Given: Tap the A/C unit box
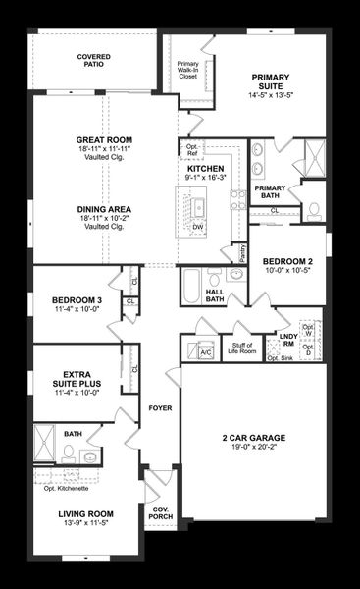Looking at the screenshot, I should [206, 351].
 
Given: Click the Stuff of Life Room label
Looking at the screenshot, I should [242, 347].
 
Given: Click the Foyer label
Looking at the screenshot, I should [160, 406].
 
